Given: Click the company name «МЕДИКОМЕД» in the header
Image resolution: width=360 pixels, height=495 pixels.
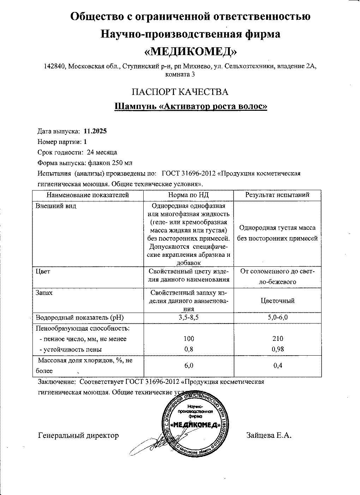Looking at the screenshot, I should coord(191,52).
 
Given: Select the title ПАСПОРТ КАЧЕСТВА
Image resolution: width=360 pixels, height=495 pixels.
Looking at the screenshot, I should coord(180,92).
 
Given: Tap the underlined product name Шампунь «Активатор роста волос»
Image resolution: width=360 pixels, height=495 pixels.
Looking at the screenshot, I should coord(191,106).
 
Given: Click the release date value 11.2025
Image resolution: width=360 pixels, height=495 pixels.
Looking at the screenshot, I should coord(95,131).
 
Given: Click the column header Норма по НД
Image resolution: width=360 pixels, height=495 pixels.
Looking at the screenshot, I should coord(188,195).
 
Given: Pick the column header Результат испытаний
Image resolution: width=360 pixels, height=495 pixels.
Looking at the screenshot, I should coord(277,195).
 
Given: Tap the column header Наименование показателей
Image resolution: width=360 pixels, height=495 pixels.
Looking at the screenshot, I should coord(88,195).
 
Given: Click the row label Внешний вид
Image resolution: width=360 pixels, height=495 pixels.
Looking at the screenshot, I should coord(56,206).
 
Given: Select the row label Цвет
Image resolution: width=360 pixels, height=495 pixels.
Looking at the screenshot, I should coord(43,271).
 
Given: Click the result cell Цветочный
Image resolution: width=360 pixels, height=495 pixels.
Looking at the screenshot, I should coord(277,301).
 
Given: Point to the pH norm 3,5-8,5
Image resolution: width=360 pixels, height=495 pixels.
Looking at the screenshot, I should coord(189,317).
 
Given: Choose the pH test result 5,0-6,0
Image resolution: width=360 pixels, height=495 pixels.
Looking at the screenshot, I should coord(278,317).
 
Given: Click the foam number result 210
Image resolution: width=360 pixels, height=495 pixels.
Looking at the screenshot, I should coord(278,339).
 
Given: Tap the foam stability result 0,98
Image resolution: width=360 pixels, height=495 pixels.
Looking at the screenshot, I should coord(278,349).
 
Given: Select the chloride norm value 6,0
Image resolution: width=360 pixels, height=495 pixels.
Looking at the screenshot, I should coord(189,366).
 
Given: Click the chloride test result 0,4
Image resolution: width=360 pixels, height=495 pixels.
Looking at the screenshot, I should coord(278,366).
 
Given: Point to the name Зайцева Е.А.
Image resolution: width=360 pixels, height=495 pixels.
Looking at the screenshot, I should coord(269,435).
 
